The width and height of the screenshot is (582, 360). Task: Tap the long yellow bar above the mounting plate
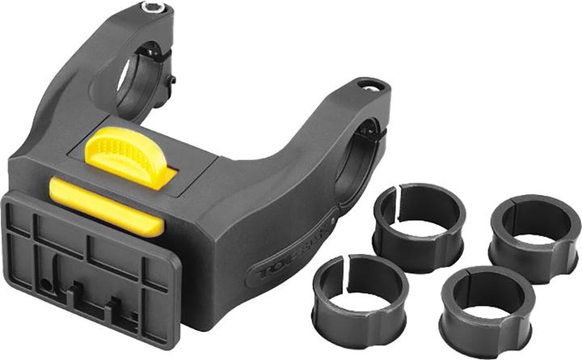[105, 206]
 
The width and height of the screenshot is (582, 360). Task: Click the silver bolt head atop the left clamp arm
[153, 9]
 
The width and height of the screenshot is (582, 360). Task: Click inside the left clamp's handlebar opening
[129, 81]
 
